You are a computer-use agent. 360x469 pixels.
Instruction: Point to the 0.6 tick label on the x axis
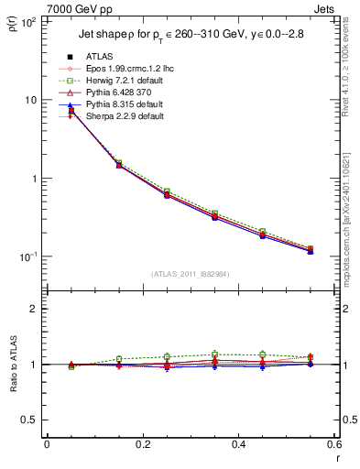point(332,445)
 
